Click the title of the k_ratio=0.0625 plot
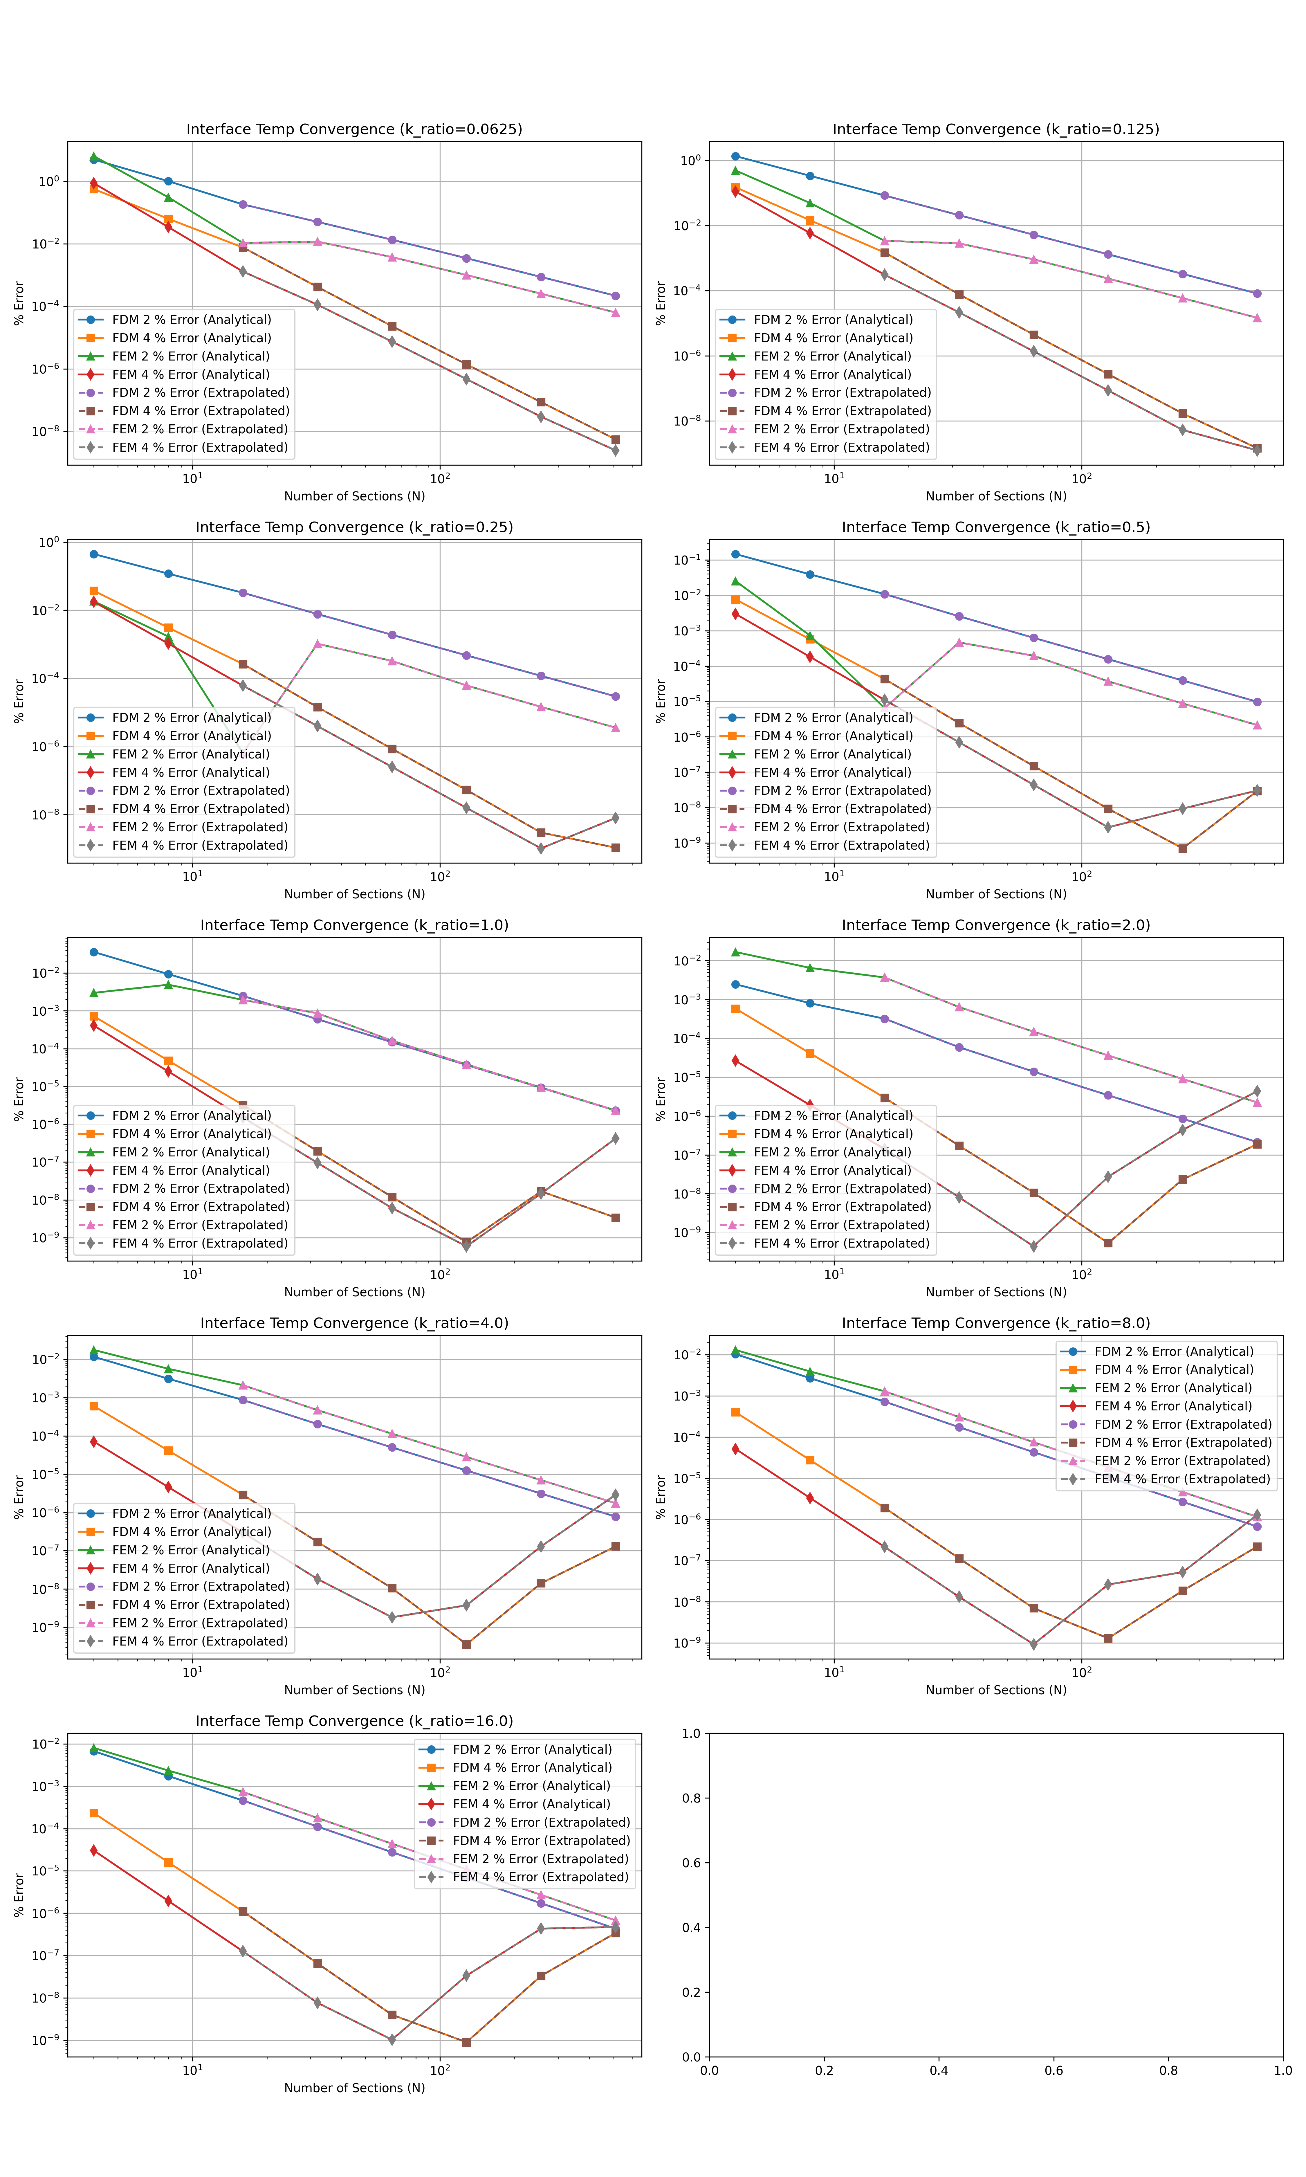coord(354,129)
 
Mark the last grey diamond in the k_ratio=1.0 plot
coord(615,1139)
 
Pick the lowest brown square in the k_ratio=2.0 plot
coord(1108,1244)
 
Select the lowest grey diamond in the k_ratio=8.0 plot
coord(1034,1644)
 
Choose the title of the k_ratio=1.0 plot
coord(354,925)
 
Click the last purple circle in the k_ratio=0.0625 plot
coord(615,296)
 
